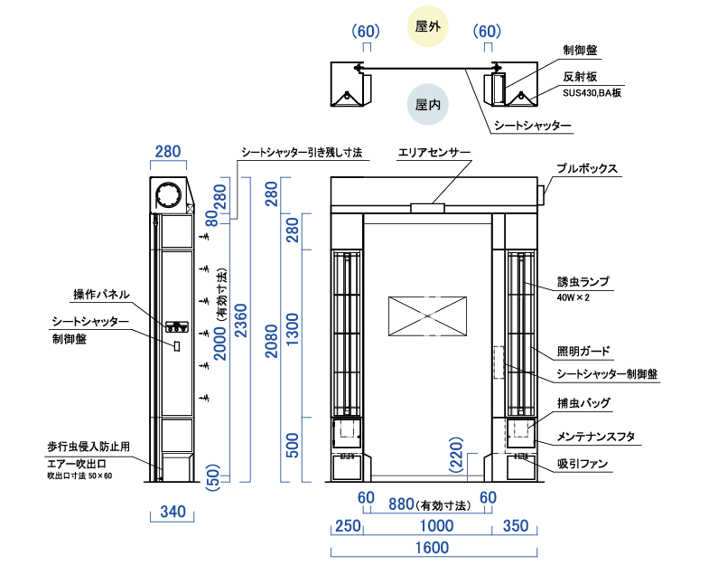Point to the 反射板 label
[x=578, y=77]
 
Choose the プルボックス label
[x=586, y=169]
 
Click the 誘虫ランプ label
[x=583, y=282]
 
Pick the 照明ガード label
[x=583, y=351]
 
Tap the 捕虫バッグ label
[x=583, y=402]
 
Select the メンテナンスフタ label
[x=595, y=437]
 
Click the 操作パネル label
[x=101, y=295]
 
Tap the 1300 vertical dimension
[x=292, y=332]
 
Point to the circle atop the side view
[x=169, y=195]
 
